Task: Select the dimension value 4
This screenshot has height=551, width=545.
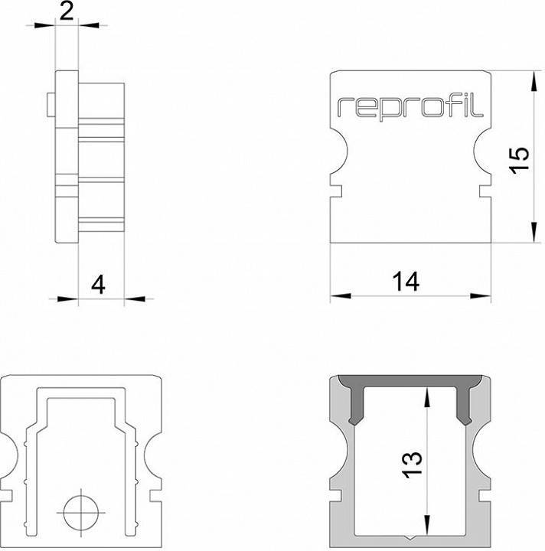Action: tap(97, 285)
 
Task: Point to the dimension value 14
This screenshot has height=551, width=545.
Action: tap(406, 282)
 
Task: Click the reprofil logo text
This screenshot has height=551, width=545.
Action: tap(410, 107)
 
